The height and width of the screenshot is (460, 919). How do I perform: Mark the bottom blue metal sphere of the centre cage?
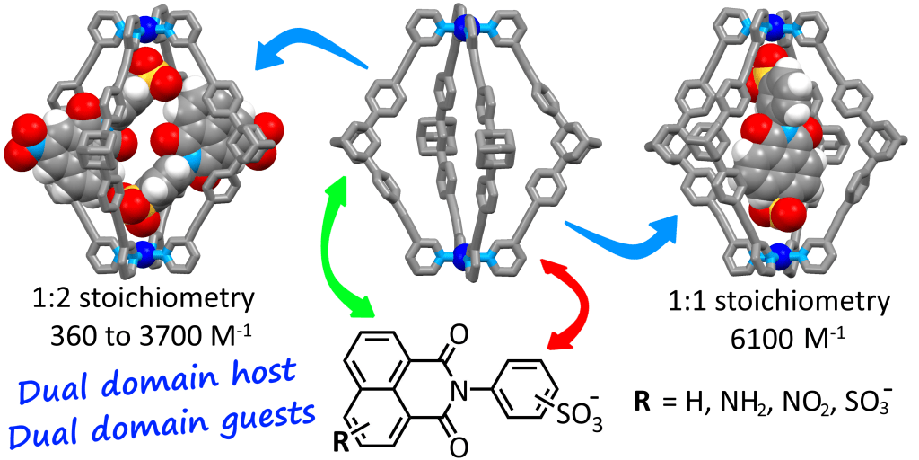[x=460, y=255]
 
